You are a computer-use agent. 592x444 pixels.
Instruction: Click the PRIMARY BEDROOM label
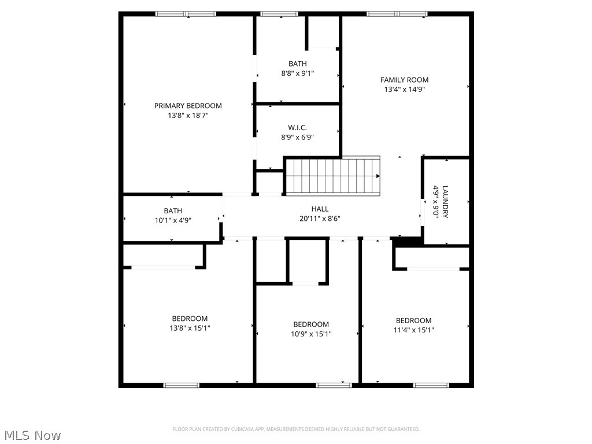click(188, 106)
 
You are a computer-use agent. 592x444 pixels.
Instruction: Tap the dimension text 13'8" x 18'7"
click(188, 116)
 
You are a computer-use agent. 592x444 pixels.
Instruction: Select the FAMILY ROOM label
click(404, 80)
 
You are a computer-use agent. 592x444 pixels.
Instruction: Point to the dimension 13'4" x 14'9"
click(404, 90)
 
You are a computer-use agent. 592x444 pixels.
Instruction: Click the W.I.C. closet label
click(297, 128)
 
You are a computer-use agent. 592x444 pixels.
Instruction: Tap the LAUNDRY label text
click(445, 202)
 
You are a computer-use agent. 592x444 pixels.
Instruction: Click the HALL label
click(320, 209)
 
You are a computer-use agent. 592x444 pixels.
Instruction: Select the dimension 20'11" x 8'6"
click(320, 219)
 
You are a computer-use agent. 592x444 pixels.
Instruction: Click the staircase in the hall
click(333, 176)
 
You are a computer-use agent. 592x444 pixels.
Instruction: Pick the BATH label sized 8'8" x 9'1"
click(298, 64)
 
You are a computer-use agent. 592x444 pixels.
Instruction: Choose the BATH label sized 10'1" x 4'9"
click(172, 211)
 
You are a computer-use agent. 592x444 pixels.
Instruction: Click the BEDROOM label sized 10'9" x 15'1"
click(311, 324)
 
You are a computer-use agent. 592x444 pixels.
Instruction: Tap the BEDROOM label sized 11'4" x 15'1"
click(413, 321)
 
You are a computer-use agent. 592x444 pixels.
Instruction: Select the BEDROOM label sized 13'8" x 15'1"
click(190, 319)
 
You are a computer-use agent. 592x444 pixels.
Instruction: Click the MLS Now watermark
click(32, 435)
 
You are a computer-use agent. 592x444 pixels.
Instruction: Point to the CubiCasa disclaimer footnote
click(296, 429)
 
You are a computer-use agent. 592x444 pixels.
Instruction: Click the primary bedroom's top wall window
click(186, 14)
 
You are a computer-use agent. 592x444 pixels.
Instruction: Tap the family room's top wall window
click(397, 14)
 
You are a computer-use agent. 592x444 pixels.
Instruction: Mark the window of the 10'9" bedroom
click(334, 385)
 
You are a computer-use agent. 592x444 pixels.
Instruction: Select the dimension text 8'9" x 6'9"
click(297, 138)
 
